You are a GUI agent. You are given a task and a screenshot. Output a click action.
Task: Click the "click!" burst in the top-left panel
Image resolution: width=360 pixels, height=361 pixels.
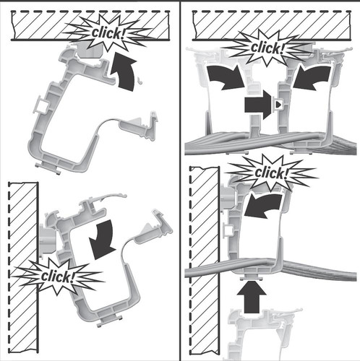pos(107,33)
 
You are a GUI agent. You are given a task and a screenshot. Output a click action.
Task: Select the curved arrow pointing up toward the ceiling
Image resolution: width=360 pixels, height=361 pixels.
pos(125,72)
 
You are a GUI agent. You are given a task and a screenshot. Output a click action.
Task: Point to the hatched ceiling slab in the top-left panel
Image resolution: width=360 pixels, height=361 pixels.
pos(90,25)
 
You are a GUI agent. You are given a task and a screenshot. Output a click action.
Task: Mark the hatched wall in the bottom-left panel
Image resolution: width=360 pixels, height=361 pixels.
pos(23,268)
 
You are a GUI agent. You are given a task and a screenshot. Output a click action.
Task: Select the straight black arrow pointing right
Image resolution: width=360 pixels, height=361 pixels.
pos(258,105)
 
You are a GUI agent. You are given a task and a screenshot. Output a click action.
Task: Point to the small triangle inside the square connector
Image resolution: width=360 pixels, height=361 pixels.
pos(278,105)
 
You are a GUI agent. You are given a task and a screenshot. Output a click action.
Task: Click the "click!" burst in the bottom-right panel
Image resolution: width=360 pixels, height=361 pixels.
pos(270,173)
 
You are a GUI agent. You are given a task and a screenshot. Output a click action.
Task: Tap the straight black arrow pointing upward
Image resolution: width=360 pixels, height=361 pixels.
pos(252,297)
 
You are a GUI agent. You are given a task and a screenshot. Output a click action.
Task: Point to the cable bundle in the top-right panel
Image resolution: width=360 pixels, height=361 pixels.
pos(270,142)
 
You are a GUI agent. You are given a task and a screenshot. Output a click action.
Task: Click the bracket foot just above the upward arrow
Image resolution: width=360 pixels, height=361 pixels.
pos(251,277)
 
